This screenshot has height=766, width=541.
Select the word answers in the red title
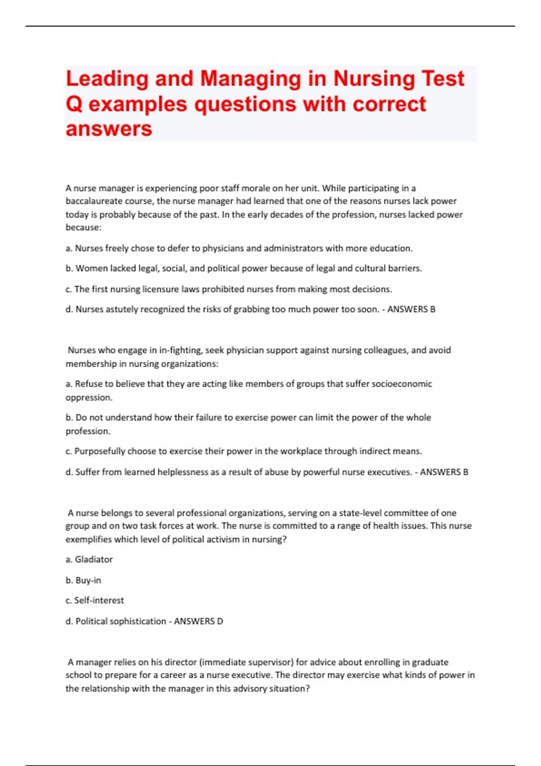coord(109,129)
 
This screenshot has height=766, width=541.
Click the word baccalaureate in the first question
coord(92,201)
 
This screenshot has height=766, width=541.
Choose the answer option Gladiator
coord(94,560)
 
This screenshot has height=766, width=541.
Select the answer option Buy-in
coord(88,580)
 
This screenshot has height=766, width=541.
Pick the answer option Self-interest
coord(99,601)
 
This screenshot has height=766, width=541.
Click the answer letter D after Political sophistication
coord(220,621)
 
